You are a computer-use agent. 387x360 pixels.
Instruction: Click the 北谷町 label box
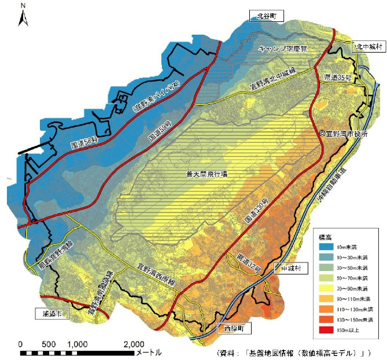(267, 16)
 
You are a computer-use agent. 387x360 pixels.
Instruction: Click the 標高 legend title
(326, 236)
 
